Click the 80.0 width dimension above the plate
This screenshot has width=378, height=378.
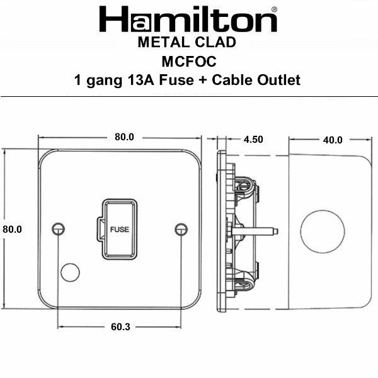coord(124,137)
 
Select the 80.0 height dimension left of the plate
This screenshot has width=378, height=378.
coord(12,229)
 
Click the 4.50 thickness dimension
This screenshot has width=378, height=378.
coord(252,140)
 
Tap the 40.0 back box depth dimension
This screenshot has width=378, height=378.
coord(332,140)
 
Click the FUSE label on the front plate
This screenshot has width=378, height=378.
coord(119,229)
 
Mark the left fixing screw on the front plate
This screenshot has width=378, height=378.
coord(59,228)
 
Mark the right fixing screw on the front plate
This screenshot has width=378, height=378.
coord(181,228)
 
